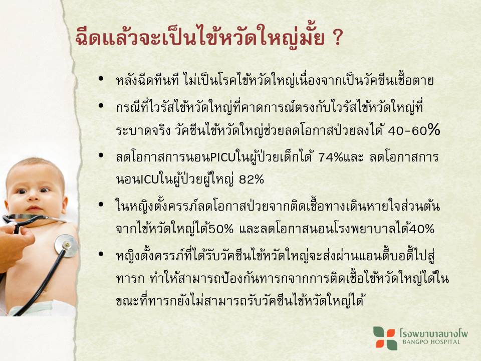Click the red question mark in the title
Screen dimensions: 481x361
(337, 39)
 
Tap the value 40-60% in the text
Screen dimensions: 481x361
(414, 131)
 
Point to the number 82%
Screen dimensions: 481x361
(252, 179)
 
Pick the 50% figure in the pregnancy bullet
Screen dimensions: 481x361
(221, 229)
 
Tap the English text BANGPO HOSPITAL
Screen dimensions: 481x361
(431, 342)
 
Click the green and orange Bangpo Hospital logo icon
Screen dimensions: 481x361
(385, 338)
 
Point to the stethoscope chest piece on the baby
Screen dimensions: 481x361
(66, 246)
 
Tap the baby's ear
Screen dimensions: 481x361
(64, 205)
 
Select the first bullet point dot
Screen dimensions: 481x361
(101, 79)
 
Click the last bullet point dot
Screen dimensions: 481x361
(101, 254)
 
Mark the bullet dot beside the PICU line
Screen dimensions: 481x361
(101, 155)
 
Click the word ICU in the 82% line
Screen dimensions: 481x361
(149, 179)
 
